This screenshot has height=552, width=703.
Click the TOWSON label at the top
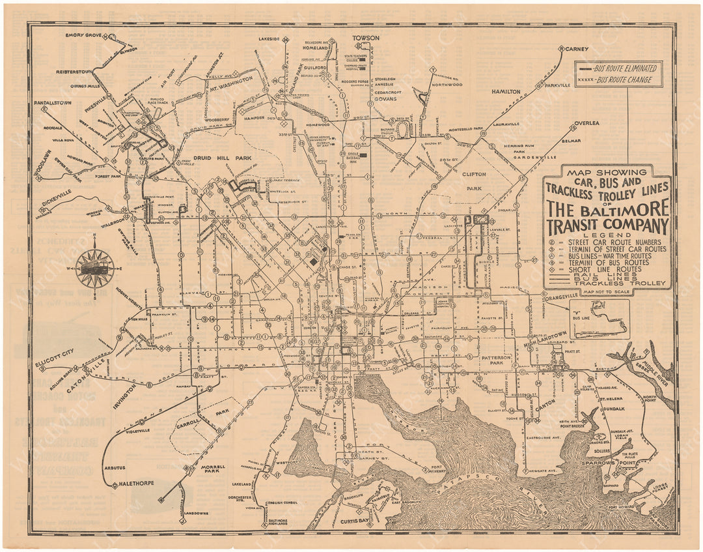[366, 38]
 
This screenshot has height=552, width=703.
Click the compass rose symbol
[94, 269]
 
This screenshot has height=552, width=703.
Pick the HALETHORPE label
[133, 486]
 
